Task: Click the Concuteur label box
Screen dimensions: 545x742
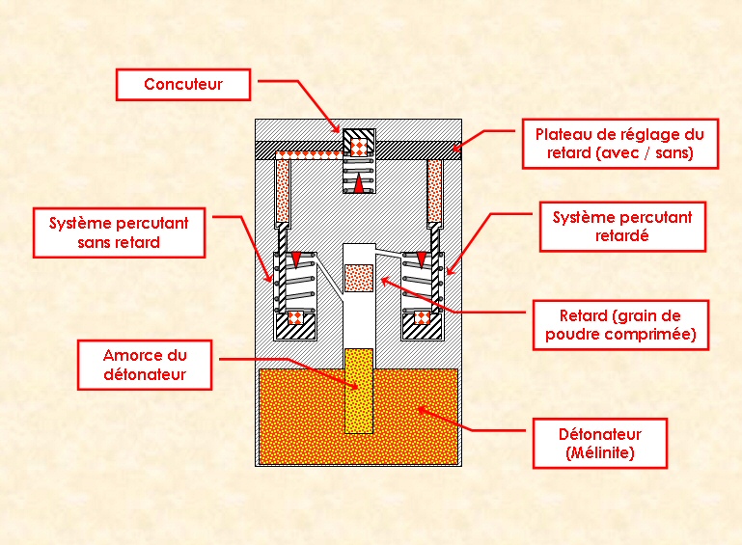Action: (183, 84)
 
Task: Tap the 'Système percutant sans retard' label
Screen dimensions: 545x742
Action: (119, 232)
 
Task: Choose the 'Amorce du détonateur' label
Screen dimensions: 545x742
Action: (144, 364)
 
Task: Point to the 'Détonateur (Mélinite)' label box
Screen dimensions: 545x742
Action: (600, 443)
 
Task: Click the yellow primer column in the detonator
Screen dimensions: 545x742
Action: (358, 391)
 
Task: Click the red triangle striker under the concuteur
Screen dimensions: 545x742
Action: (358, 183)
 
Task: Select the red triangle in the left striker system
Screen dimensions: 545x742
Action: (295, 257)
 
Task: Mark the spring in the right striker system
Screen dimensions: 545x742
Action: (417, 285)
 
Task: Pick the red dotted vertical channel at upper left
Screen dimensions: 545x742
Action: (283, 189)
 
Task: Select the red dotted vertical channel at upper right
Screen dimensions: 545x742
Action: (434, 189)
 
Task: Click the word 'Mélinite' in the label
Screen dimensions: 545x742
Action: (600, 452)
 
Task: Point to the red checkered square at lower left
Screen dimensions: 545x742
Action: (295, 317)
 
